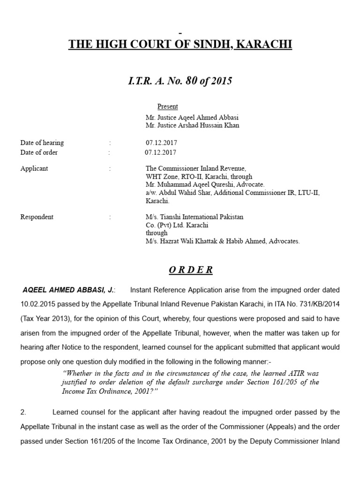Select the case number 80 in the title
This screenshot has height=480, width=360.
point(191,81)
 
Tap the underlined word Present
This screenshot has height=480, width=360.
point(167,106)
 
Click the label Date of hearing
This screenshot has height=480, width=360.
point(42,142)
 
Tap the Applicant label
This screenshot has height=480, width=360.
point(34,168)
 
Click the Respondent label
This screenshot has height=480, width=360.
point(37,217)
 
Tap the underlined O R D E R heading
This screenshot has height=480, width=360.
point(191,270)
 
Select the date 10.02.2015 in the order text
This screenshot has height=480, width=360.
point(37,304)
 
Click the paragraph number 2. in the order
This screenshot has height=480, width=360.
point(23,412)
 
